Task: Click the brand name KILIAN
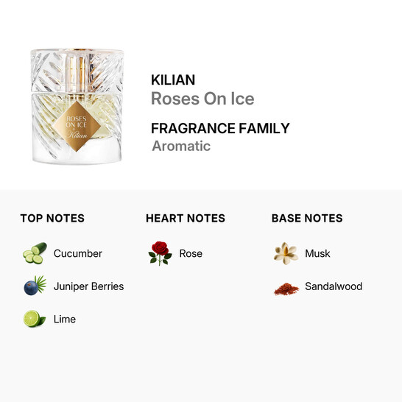coord(173,80)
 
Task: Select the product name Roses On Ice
coord(202,99)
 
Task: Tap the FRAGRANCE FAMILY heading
coord(220,128)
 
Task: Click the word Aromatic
coord(181,146)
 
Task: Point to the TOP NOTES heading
coord(52,218)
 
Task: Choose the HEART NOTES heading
coord(186,218)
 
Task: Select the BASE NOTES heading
coord(307,218)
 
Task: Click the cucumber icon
coord(34,253)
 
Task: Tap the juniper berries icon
coord(34,286)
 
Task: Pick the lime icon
coord(34,319)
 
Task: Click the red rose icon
coord(160,253)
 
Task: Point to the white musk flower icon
coord(286,253)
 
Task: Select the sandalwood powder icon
coord(286,287)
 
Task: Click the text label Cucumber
coord(78,253)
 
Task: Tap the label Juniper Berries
coord(88,286)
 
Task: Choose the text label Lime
coord(65,319)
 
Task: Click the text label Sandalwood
coord(334,286)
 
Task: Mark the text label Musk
coord(317,253)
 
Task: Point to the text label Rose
coord(191,253)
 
